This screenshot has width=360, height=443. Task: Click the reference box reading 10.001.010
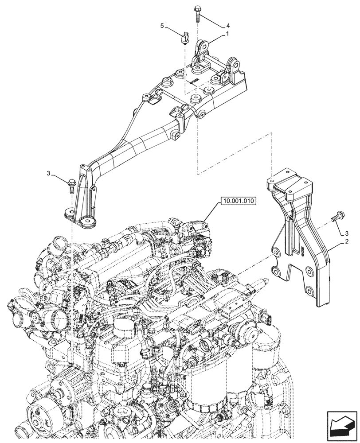[238, 201]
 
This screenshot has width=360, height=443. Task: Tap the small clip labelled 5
[184, 37]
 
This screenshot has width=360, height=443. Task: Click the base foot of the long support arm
[80, 218]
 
